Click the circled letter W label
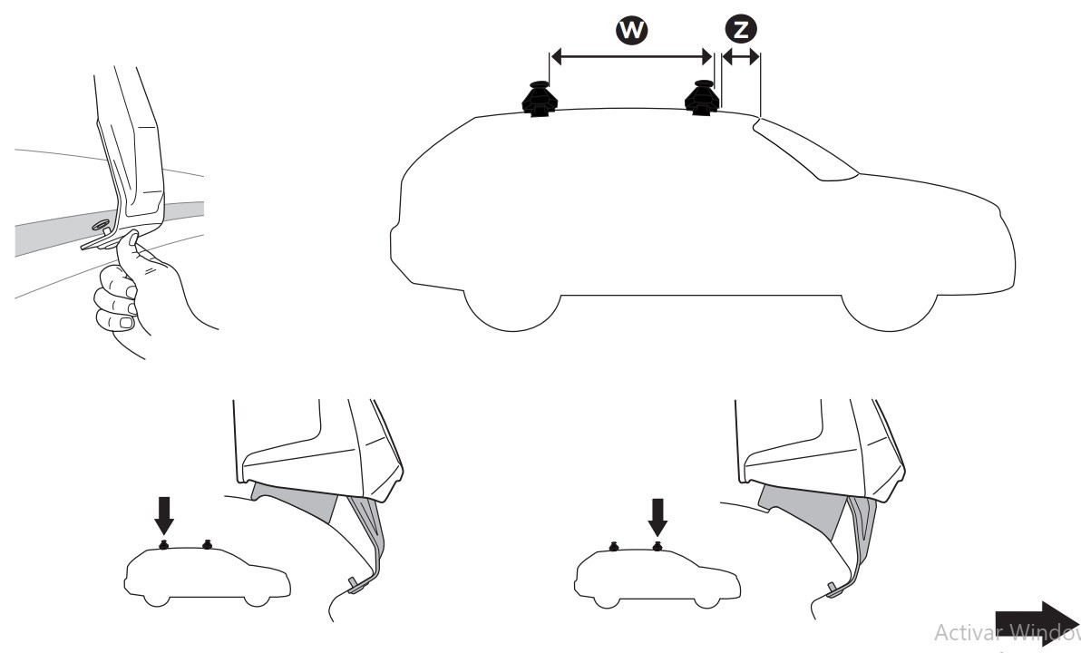[632, 31]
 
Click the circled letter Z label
[742, 30]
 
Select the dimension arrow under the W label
[632, 57]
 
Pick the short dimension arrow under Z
[741, 57]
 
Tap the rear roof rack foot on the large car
[538, 99]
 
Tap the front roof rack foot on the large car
[702, 99]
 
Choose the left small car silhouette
[204, 577]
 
